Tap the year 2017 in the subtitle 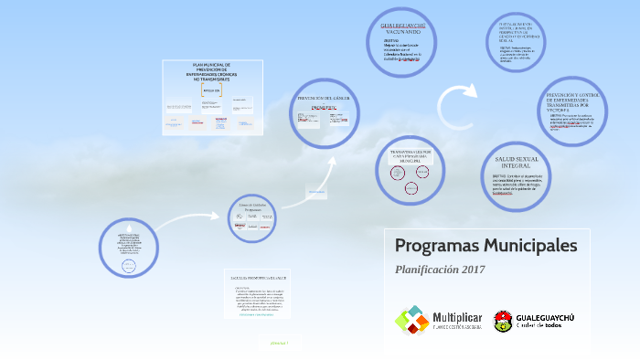[469, 270]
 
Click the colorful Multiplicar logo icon [411, 320]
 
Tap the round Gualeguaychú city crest [503, 320]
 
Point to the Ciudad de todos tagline [546, 325]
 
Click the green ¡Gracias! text [279, 343]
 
